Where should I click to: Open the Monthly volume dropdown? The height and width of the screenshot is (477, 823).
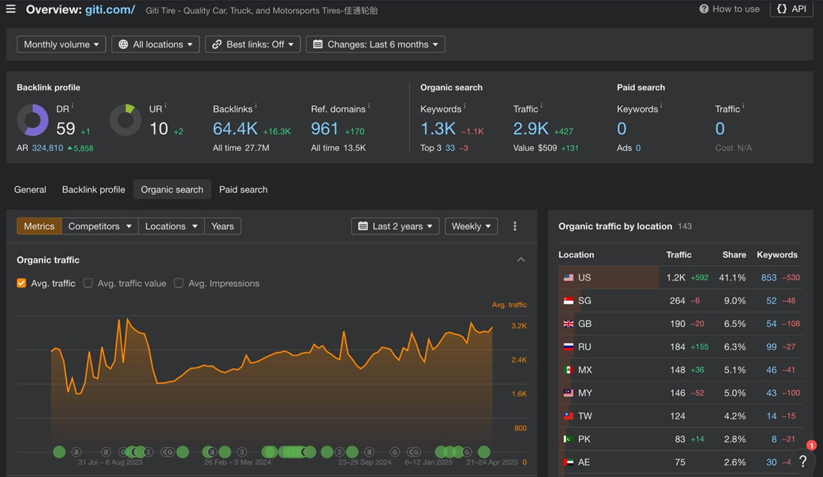pyautogui.click(x=62, y=45)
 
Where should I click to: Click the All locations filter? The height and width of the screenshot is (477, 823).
pyautogui.click(x=155, y=45)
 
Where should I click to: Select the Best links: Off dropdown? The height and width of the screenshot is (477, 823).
pyautogui.click(x=253, y=45)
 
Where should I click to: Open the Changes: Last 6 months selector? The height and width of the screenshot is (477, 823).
pyautogui.click(x=375, y=45)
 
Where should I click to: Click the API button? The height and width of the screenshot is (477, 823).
pyautogui.click(x=791, y=9)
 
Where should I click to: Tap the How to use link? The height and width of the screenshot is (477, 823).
pyautogui.click(x=729, y=9)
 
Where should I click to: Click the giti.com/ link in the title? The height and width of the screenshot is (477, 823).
pyautogui.click(x=110, y=9)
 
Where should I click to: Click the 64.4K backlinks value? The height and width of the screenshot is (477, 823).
pyautogui.click(x=235, y=129)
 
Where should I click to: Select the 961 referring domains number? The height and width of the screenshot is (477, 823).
pyautogui.click(x=324, y=129)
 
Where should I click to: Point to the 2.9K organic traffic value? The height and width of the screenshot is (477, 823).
pyautogui.click(x=531, y=129)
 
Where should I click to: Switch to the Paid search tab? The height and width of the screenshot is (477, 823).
pyautogui.click(x=243, y=189)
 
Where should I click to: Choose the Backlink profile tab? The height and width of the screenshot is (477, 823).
pyautogui.click(x=93, y=189)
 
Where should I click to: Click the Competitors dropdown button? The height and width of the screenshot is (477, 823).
pyautogui.click(x=100, y=226)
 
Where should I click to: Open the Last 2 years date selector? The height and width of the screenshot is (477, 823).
pyautogui.click(x=395, y=226)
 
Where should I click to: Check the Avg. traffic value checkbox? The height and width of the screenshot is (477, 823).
pyautogui.click(x=88, y=283)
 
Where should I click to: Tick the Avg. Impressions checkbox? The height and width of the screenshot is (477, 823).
pyautogui.click(x=178, y=283)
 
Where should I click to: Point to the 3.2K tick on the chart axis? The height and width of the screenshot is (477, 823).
pyautogui.click(x=519, y=325)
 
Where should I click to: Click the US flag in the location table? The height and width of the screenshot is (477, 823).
pyautogui.click(x=568, y=278)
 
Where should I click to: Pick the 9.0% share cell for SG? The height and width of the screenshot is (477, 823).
pyautogui.click(x=735, y=301)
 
